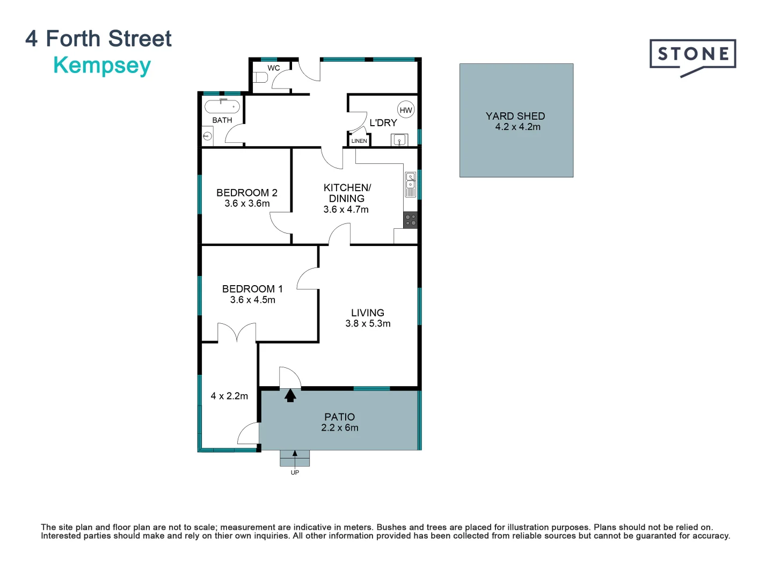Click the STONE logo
pos(692,55)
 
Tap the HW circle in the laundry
pos(406,110)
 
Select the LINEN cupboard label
pos(359,141)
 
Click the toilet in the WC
pos(260,77)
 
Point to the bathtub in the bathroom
pos(222,106)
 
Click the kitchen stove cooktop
pos(411,220)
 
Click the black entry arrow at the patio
pos(290,396)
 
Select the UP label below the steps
pos(295,473)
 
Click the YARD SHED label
pos(515,116)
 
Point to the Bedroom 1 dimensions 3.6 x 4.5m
pos(253,300)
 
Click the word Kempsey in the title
pos(102,66)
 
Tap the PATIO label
pos(340,417)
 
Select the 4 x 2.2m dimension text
pos(229,396)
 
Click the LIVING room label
pos(368,313)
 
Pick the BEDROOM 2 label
pos(247,192)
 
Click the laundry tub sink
pos(399,141)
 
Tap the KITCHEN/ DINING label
pos(347,193)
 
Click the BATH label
pos(222,120)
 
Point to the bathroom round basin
pos(207,136)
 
